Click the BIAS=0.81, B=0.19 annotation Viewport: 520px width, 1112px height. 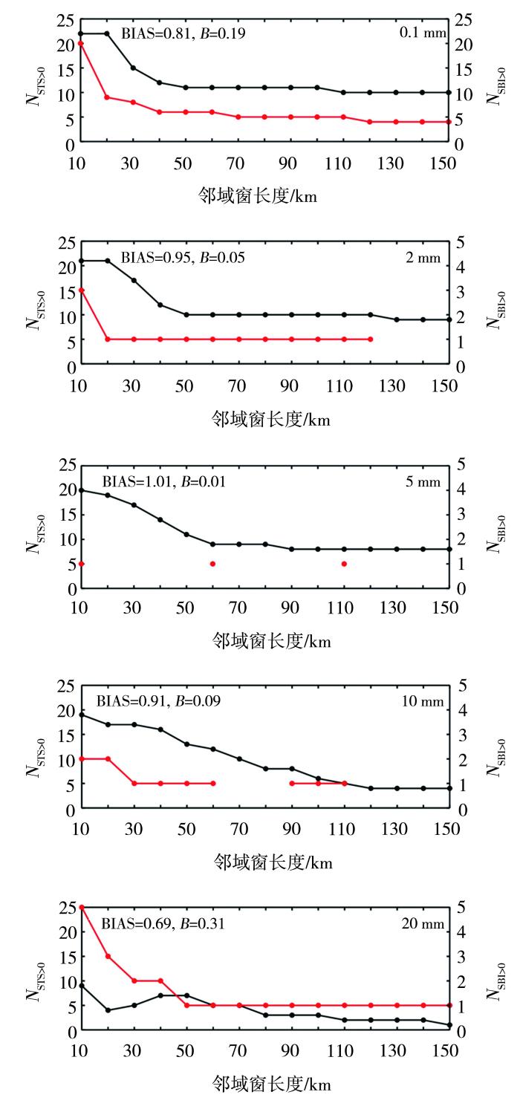(183, 33)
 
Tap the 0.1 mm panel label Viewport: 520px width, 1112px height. (423, 32)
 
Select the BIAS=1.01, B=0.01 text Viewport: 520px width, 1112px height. (164, 481)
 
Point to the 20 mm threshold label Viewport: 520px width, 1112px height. (423, 923)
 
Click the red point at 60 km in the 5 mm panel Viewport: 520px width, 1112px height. (212, 564)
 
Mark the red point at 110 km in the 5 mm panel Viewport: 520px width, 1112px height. (344, 564)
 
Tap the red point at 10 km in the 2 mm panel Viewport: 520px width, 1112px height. (82, 290)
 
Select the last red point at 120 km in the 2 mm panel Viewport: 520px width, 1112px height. (371, 339)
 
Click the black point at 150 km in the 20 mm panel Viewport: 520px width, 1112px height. (449, 1024)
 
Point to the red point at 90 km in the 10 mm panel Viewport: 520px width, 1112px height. (292, 784)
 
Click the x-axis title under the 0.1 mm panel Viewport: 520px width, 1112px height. (257, 196)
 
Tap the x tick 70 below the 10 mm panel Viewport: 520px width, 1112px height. (239, 828)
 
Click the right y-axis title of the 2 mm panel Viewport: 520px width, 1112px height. (495, 310)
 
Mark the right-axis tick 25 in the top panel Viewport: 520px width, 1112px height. (463, 20)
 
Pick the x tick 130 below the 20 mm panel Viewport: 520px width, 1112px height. (393, 1050)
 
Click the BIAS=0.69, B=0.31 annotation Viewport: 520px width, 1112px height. (163, 923)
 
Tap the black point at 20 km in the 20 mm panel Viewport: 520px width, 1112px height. (108, 1010)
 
